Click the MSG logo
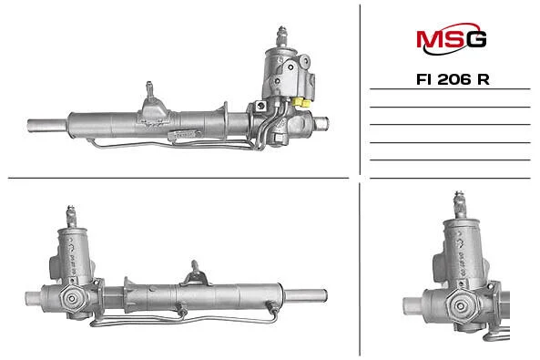point(452,38)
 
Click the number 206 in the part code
point(453,79)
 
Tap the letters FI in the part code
point(424,79)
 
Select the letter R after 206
point(484,79)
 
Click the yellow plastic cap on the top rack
point(301,102)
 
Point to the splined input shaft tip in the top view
point(281,36)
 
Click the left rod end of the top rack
point(47,125)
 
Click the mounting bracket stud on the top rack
point(149,90)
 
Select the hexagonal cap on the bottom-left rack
point(72,298)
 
